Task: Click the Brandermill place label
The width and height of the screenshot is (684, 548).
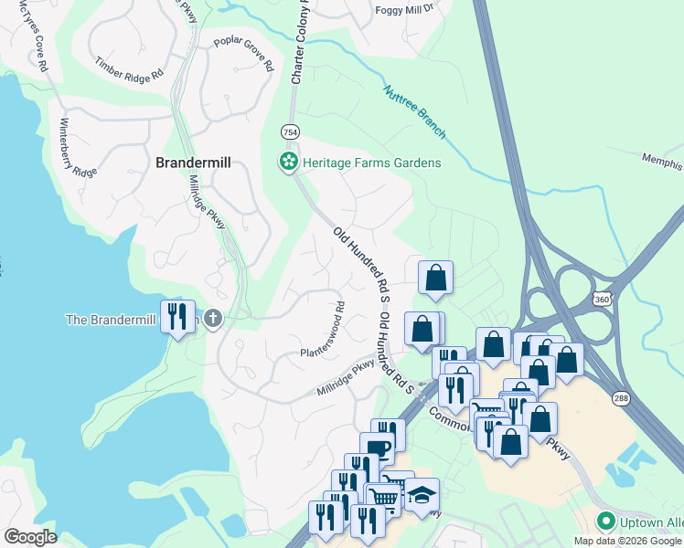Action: coord(193,163)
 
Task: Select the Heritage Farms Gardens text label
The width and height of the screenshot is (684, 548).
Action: coord(371,163)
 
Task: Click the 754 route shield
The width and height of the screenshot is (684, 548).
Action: coord(290,132)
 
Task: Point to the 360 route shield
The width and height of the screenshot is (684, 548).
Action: coord(601,299)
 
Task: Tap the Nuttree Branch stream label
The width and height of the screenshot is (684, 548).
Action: coord(414,111)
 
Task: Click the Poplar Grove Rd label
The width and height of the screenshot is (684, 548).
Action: coord(244,54)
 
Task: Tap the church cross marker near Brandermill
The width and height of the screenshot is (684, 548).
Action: coord(212,319)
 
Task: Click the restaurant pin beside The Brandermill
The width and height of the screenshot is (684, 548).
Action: coord(177,316)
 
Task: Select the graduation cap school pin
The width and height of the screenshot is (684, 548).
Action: coord(422,495)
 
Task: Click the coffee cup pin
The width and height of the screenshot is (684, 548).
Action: coord(377,448)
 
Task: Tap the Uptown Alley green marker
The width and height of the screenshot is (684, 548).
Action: coord(604,522)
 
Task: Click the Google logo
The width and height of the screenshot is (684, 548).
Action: coord(30,537)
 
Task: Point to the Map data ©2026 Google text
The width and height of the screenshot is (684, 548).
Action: coord(627,541)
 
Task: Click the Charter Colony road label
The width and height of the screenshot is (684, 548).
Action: coord(298,41)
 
